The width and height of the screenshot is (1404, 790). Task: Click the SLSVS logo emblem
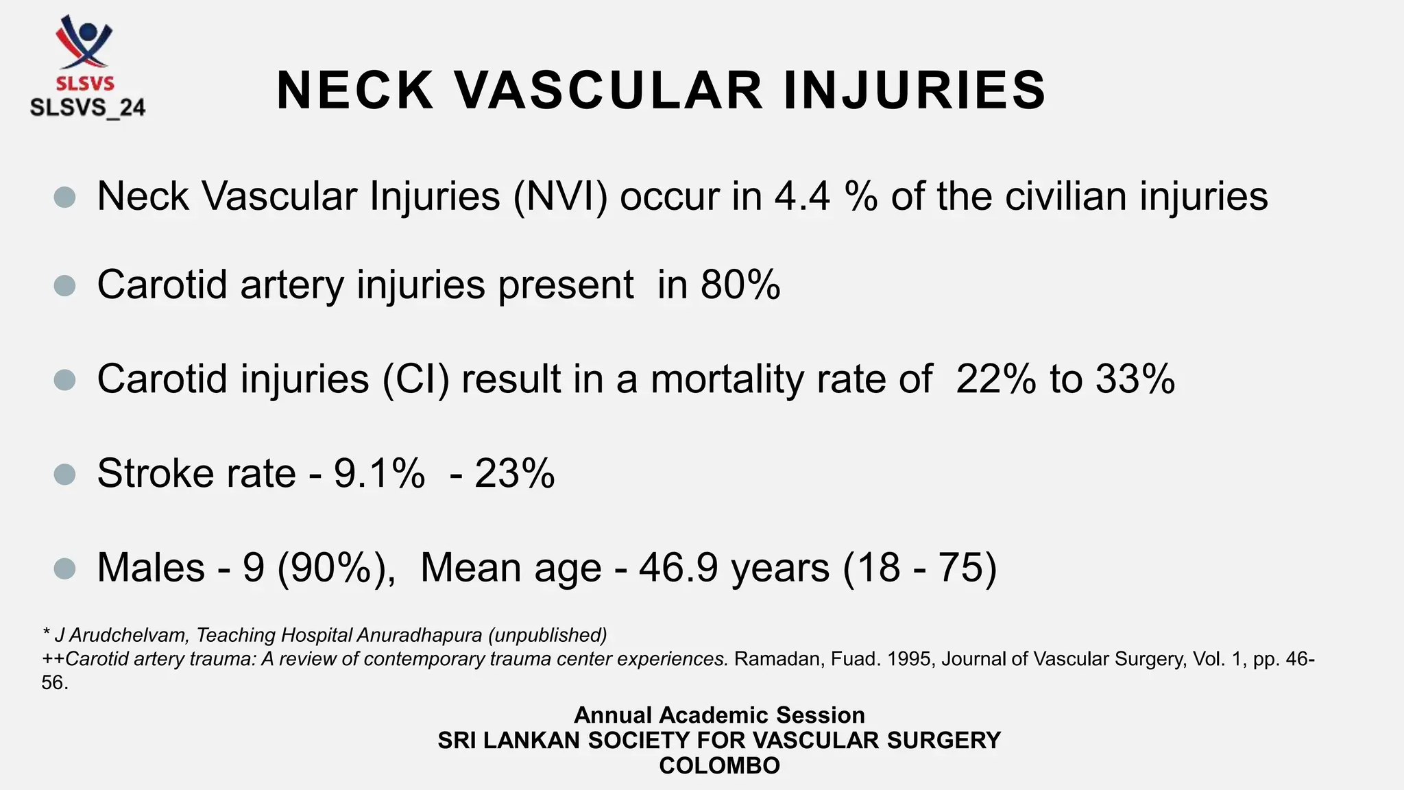click(x=85, y=43)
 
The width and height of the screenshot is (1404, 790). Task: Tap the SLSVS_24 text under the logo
click(x=88, y=108)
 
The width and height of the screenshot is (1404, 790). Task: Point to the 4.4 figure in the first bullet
click(x=802, y=197)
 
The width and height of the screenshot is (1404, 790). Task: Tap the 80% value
click(x=740, y=285)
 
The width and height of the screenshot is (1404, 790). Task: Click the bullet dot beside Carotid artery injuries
click(x=64, y=285)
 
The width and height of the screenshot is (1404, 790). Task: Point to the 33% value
click(x=1135, y=379)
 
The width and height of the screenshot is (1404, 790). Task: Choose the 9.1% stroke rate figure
click(x=379, y=473)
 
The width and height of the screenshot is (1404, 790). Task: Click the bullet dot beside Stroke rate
click(x=64, y=474)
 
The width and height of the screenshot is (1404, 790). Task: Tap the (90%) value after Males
click(x=336, y=568)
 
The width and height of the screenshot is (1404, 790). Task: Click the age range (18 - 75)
click(x=919, y=568)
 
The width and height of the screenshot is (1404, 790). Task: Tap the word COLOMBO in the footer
click(x=719, y=765)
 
